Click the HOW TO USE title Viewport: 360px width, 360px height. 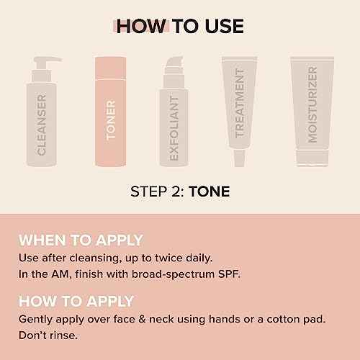click(x=180, y=27)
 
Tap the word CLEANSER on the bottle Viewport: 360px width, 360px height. click(x=42, y=124)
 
